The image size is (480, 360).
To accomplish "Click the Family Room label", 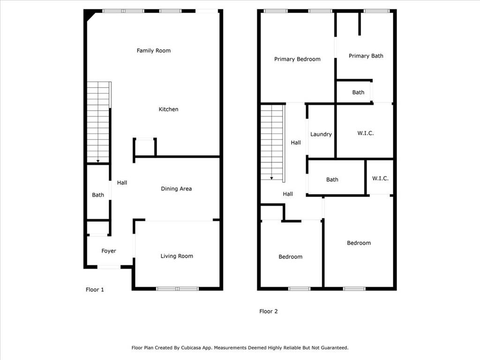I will click(x=153, y=51).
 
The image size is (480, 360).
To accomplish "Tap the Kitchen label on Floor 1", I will click(x=168, y=109).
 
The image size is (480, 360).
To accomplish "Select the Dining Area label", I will click(x=176, y=189).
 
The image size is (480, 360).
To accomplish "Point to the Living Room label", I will click(x=177, y=256).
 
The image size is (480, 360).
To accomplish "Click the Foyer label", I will click(x=109, y=251).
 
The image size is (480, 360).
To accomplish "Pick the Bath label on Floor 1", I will click(x=98, y=195).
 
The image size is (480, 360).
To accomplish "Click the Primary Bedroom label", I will click(x=297, y=59).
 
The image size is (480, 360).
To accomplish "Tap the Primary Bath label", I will click(x=366, y=56).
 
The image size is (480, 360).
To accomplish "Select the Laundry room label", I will click(x=321, y=134).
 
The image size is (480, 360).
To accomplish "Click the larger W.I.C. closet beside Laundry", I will click(x=365, y=133).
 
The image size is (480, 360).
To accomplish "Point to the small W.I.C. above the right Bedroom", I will click(x=380, y=179).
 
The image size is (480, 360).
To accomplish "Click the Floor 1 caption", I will click(x=95, y=290).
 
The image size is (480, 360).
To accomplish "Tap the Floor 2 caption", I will click(x=269, y=311).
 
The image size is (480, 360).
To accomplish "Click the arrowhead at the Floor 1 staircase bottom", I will click(x=97, y=161).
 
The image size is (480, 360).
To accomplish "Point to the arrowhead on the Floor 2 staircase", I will click(x=271, y=178).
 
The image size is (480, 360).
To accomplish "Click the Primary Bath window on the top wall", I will click(x=376, y=11).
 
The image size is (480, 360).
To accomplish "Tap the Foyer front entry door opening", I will click(x=109, y=267).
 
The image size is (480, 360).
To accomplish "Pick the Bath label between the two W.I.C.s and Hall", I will click(x=332, y=180).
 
